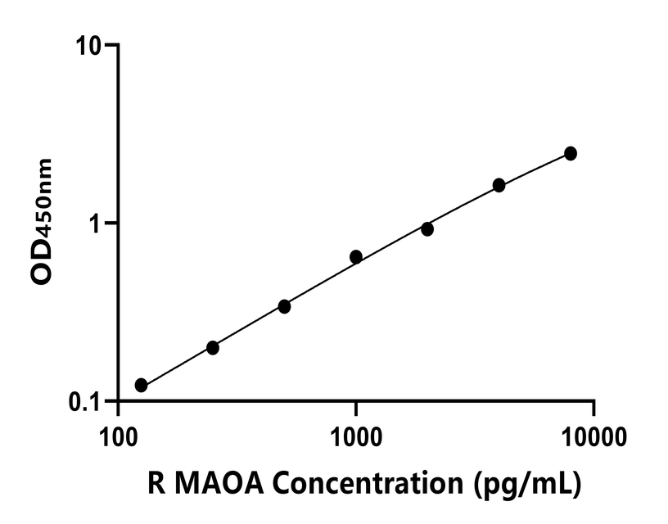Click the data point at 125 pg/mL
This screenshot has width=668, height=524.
[141, 385]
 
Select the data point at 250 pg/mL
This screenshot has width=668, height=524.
[213, 348]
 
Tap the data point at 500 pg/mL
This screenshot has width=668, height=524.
[284, 306]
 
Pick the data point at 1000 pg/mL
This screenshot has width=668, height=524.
[356, 257]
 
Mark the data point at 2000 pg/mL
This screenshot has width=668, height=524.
[427, 229]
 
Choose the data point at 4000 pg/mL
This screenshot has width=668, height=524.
[499, 185]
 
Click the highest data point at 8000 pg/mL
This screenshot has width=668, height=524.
[571, 153]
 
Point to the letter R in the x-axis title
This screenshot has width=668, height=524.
[155, 485]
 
